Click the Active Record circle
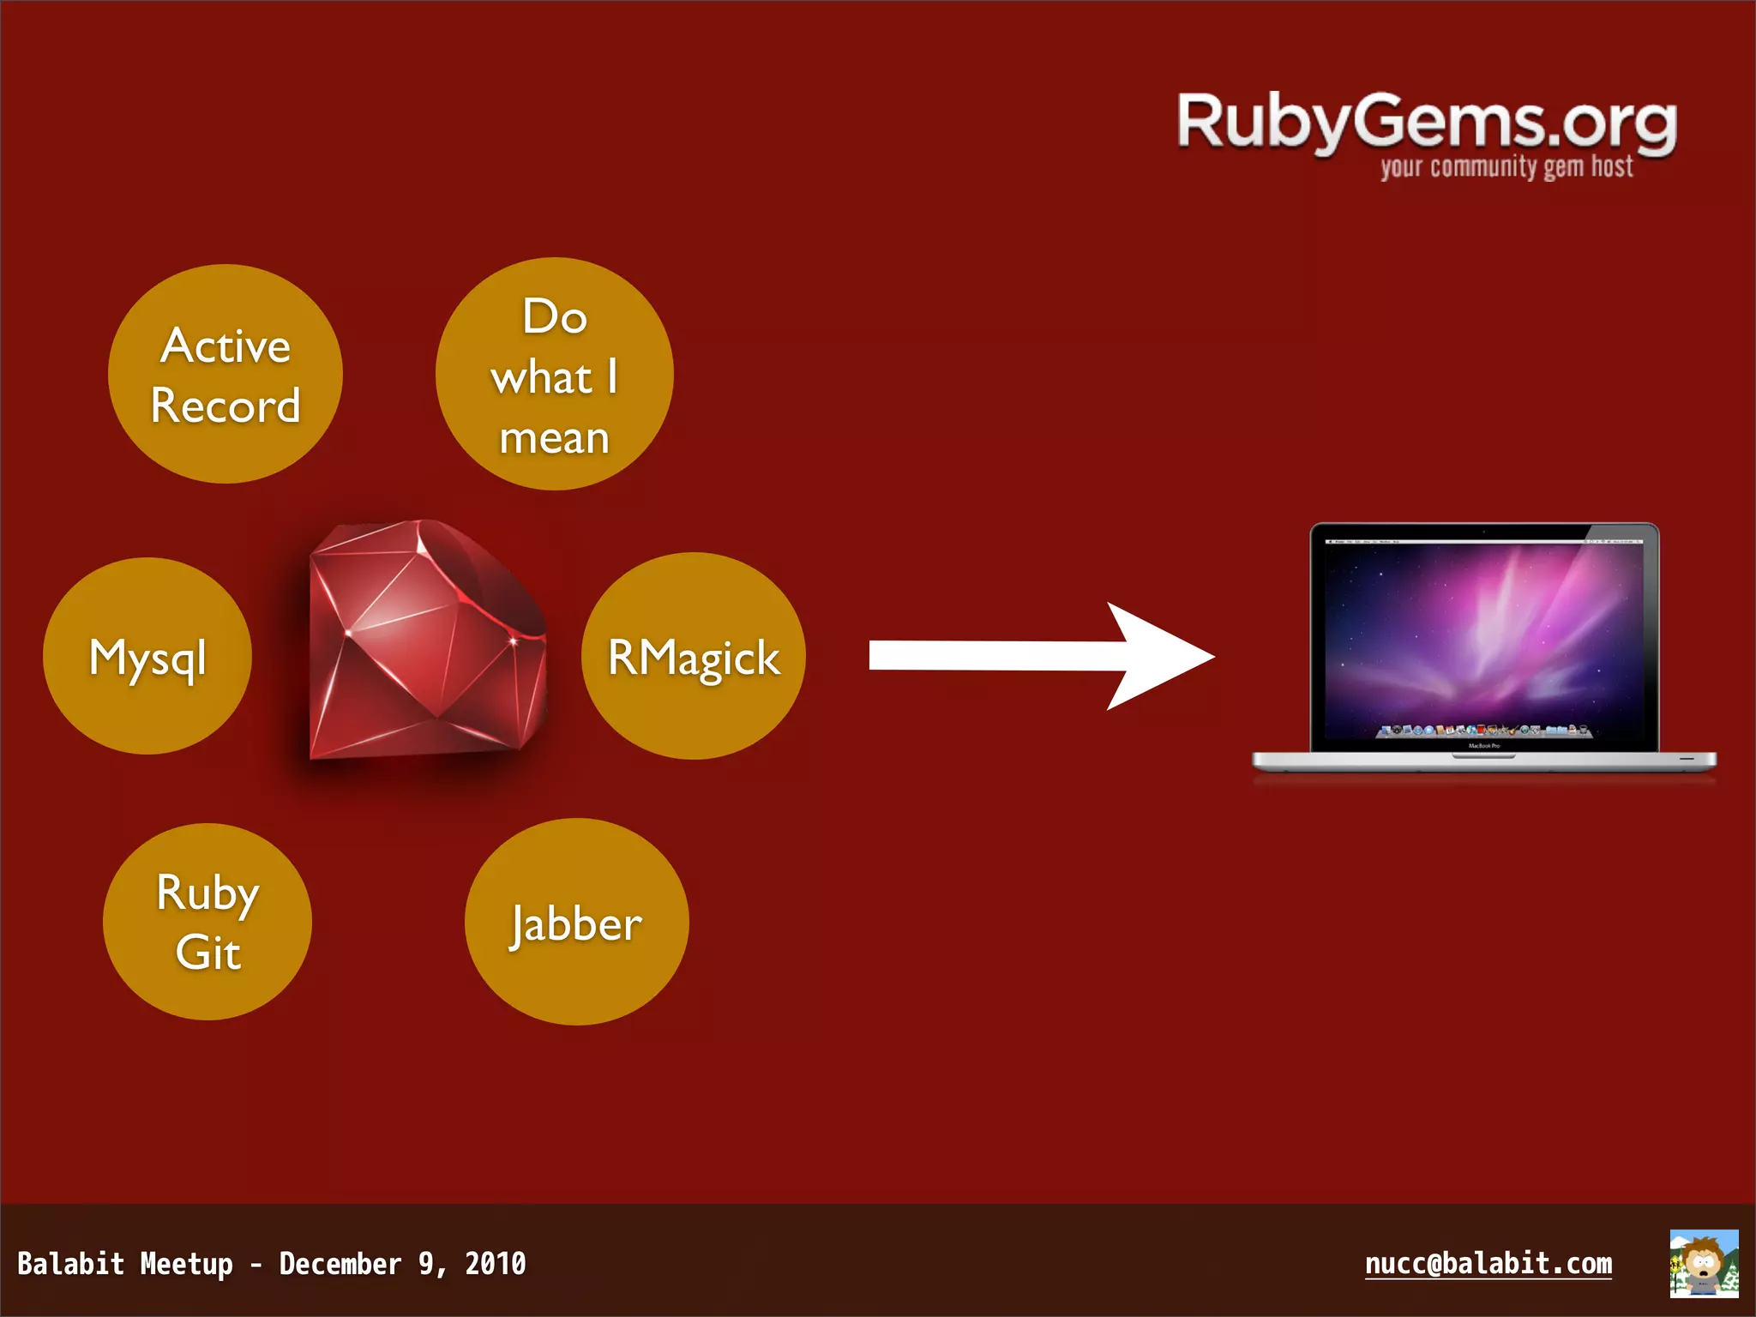[x=226, y=374]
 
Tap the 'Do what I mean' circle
[x=554, y=374]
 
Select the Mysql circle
[x=147, y=657]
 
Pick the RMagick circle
[x=693, y=657]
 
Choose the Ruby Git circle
[x=207, y=922]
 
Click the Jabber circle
[x=576, y=923]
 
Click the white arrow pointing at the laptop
[x=1042, y=656]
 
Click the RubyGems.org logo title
[x=1426, y=122]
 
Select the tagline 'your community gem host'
[x=1506, y=166]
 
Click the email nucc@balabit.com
[x=1488, y=1263]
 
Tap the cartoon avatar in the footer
[x=1704, y=1263]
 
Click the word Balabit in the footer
[x=70, y=1264]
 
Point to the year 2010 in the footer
[x=495, y=1264]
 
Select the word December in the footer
[x=340, y=1264]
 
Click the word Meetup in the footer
[x=186, y=1264]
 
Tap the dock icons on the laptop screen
[x=1484, y=731]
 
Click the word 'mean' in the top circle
[x=554, y=438]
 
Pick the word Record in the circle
[x=226, y=405]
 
